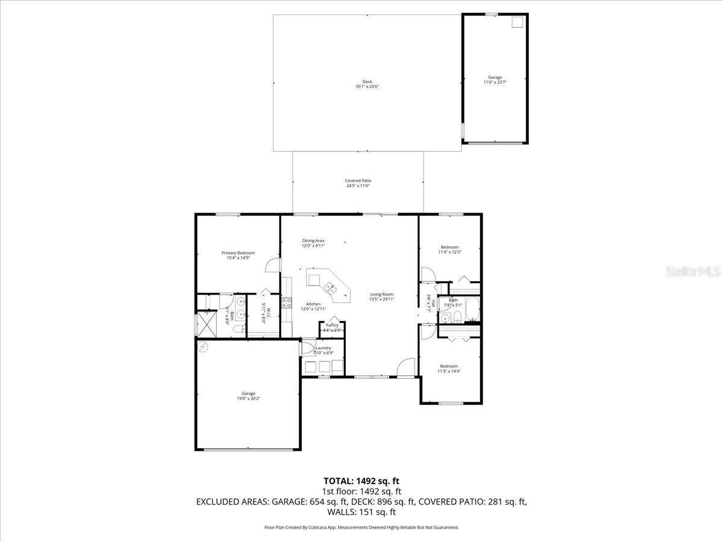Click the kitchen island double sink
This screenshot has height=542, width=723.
pos(330,287)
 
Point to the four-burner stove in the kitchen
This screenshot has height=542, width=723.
pos(286,302)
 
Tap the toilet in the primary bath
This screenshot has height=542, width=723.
pos(239,329)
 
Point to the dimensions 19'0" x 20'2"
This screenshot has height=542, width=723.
pos(248,399)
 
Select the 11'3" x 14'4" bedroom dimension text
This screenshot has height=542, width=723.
pos(449,372)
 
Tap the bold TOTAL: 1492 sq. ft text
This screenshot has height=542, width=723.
pos(361,481)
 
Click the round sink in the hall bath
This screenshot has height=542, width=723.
pos(445,319)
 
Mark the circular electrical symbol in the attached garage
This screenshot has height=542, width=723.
pos(203,346)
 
